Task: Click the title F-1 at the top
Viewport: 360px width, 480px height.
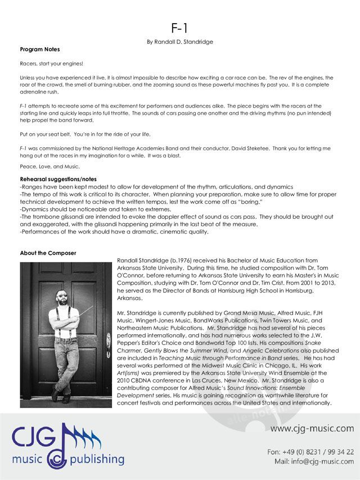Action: (x=179, y=29)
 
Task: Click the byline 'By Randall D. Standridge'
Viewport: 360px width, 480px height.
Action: (x=179, y=42)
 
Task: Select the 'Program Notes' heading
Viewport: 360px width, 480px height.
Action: (x=39, y=50)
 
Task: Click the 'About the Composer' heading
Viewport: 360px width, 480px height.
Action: (x=48, y=253)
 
